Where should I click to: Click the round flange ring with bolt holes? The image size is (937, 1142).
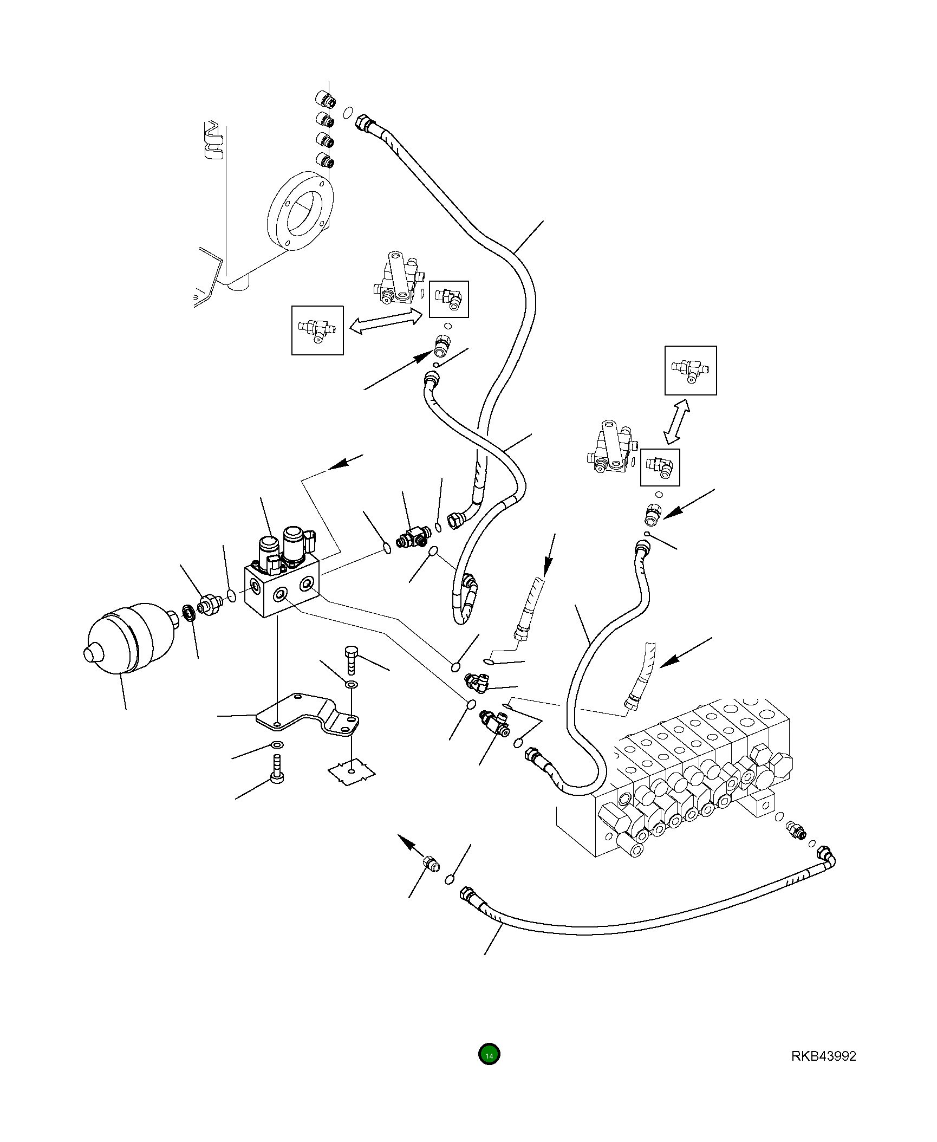(301, 212)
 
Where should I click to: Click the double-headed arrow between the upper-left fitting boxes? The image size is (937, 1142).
(386, 321)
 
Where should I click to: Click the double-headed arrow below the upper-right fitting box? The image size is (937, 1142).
(677, 423)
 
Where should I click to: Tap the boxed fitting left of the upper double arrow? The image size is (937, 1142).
(317, 330)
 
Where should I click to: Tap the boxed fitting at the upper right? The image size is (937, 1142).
(691, 371)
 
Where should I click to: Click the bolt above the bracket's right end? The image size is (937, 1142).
(350, 659)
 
